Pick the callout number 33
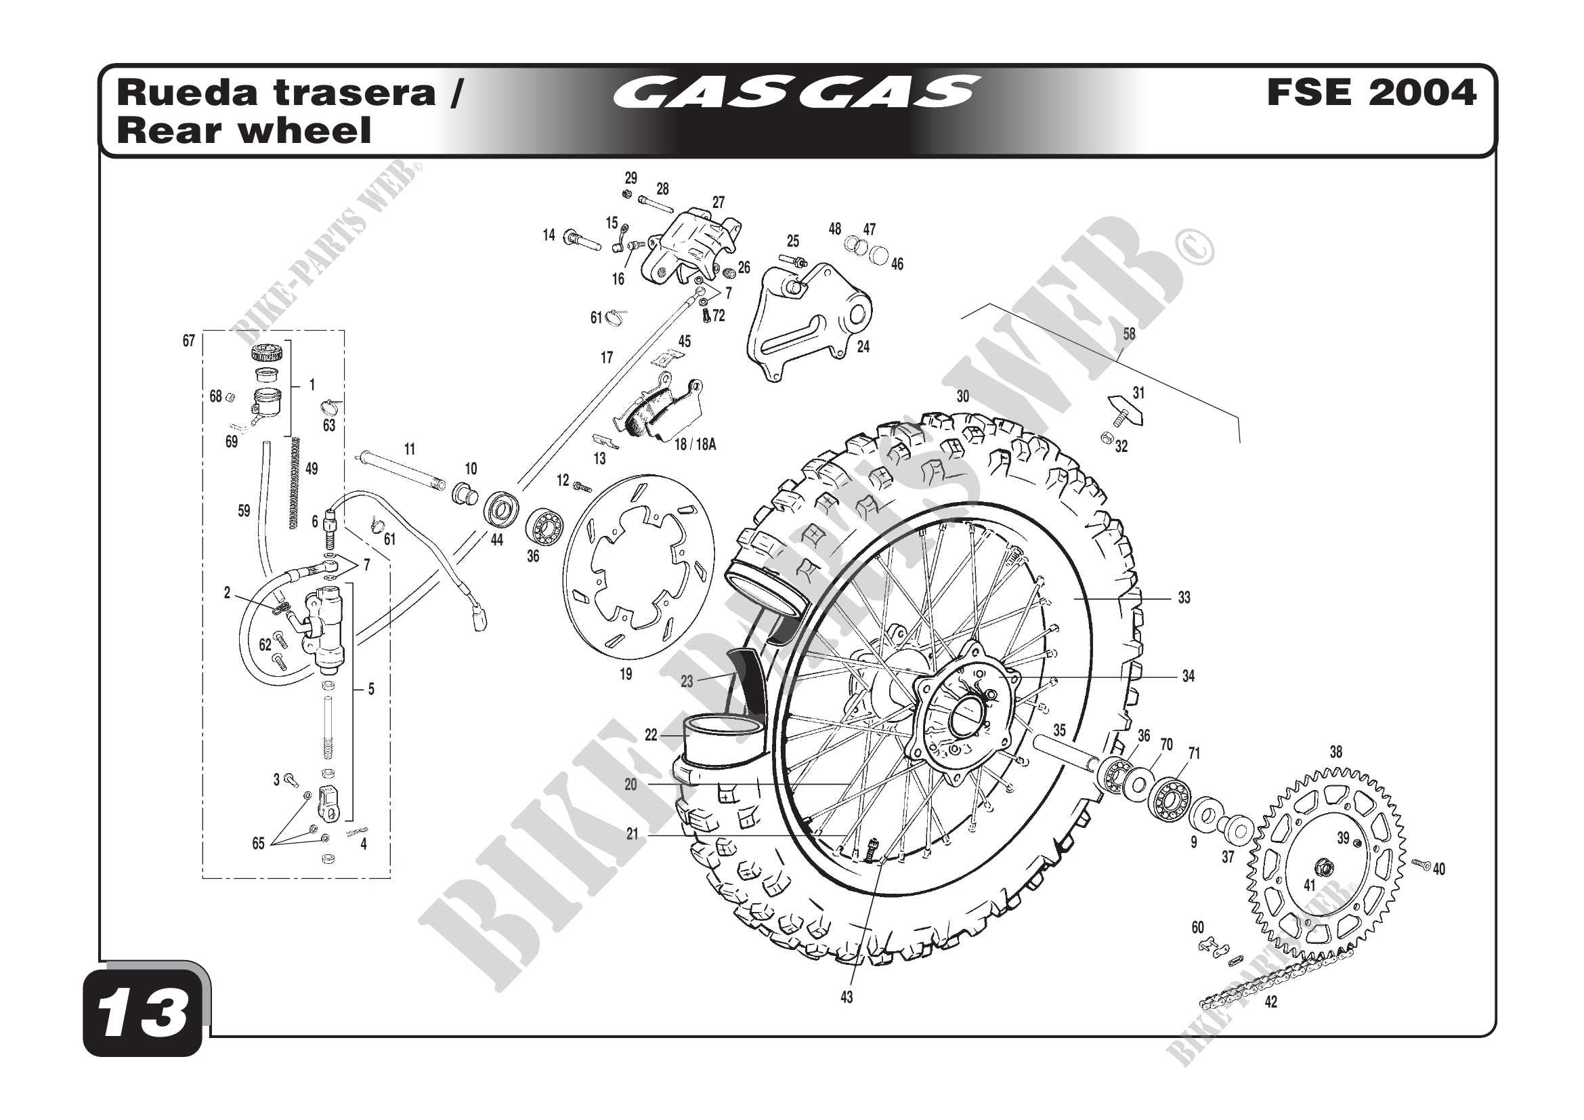pyautogui.click(x=1184, y=598)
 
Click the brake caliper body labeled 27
pyautogui.click(x=690, y=245)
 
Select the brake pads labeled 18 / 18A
pyautogui.click(x=659, y=411)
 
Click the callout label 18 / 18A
pyautogui.click(x=695, y=445)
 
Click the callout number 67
pyautogui.click(x=188, y=341)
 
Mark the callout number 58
pyautogui.click(x=1129, y=334)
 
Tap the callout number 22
pyautogui.click(x=651, y=736)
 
